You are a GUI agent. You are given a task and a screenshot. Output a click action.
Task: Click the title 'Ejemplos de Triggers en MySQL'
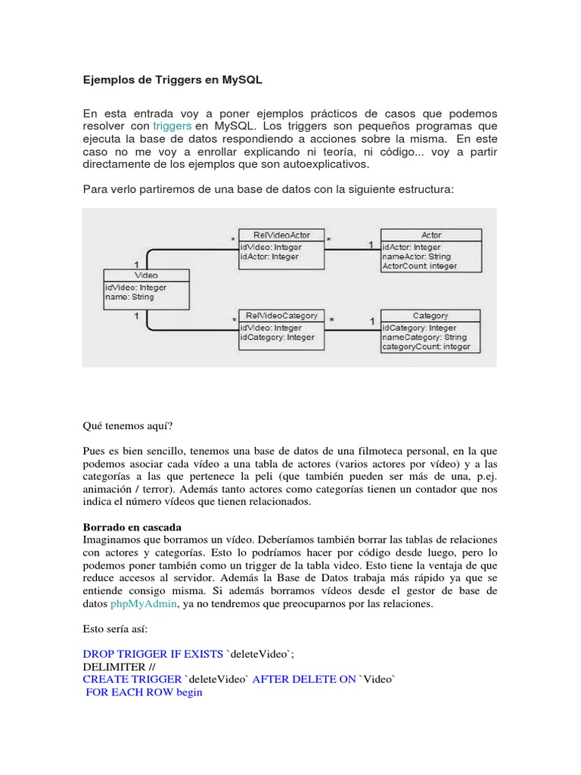click(x=172, y=79)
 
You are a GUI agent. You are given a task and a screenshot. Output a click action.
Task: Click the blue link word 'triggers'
click(x=172, y=126)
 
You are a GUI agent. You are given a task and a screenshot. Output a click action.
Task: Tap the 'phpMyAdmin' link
click(x=143, y=604)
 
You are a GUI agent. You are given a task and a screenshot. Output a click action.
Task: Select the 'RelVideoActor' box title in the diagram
click(x=281, y=235)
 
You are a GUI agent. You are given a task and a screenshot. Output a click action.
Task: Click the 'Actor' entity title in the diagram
click(x=431, y=235)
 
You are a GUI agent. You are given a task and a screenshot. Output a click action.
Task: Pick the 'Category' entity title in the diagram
click(x=430, y=316)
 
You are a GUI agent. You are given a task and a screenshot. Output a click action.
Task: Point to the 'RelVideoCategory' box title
click(x=282, y=316)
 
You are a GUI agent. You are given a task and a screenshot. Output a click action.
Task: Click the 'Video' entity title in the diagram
click(x=146, y=275)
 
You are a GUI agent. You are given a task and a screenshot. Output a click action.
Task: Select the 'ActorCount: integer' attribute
click(x=419, y=266)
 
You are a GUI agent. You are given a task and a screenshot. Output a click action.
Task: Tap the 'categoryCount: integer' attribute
click(x=426, y=347)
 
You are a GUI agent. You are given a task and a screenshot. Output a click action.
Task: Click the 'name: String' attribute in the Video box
click(x=129, y=297)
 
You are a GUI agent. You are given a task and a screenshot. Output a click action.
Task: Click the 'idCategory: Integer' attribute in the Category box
click(x=419, y=328)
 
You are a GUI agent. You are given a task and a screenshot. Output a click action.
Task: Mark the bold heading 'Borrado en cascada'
click(x=132, y=526)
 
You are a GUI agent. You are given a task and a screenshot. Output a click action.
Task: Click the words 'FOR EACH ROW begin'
click(x=144, y=693)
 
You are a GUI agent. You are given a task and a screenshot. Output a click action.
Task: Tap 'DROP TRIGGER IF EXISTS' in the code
click(x=153, y=653)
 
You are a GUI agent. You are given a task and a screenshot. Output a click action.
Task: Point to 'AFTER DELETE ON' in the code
click(x=303, y=680)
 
